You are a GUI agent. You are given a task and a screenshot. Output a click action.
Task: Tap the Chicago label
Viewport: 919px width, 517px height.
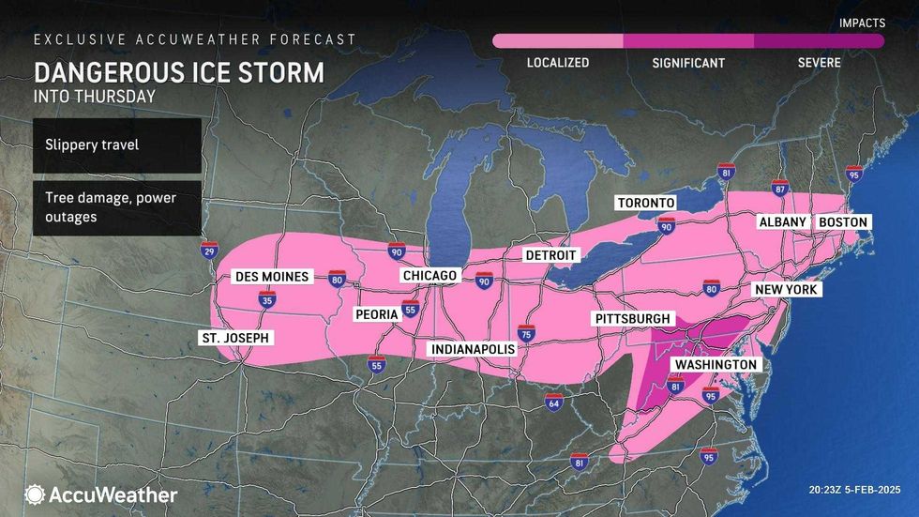(x=429, y=275)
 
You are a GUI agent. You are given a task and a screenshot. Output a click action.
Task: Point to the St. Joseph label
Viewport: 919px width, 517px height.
(x=234, y=338)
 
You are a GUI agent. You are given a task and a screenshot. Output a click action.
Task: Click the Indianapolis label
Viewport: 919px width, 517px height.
(x=473, y=349)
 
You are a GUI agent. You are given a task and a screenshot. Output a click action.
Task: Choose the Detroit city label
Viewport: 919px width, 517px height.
(x=551, y=255)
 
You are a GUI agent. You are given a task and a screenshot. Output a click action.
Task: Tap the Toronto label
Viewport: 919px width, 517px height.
(x=645, y=203)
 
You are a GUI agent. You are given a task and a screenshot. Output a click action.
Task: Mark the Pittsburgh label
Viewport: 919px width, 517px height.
(x=633, y=319)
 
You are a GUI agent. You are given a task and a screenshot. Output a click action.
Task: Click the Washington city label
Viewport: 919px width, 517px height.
(x=716, y=364)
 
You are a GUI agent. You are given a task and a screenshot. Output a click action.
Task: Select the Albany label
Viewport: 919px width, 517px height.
(x=782, y=221)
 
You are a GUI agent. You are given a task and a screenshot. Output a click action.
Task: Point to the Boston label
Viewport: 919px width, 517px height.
(x=842, y=221)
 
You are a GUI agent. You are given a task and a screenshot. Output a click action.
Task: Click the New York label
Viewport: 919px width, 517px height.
(x=788, y=290)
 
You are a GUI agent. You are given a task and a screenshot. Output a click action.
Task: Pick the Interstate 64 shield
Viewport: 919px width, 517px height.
(x=554, y=402)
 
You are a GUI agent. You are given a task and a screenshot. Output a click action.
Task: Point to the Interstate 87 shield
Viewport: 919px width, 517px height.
(x=778, y=188)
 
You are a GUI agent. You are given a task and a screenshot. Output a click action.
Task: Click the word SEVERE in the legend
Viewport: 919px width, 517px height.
(x=819, y=63)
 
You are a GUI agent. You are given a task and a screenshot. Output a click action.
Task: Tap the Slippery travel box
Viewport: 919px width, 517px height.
(x=116, y=145)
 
